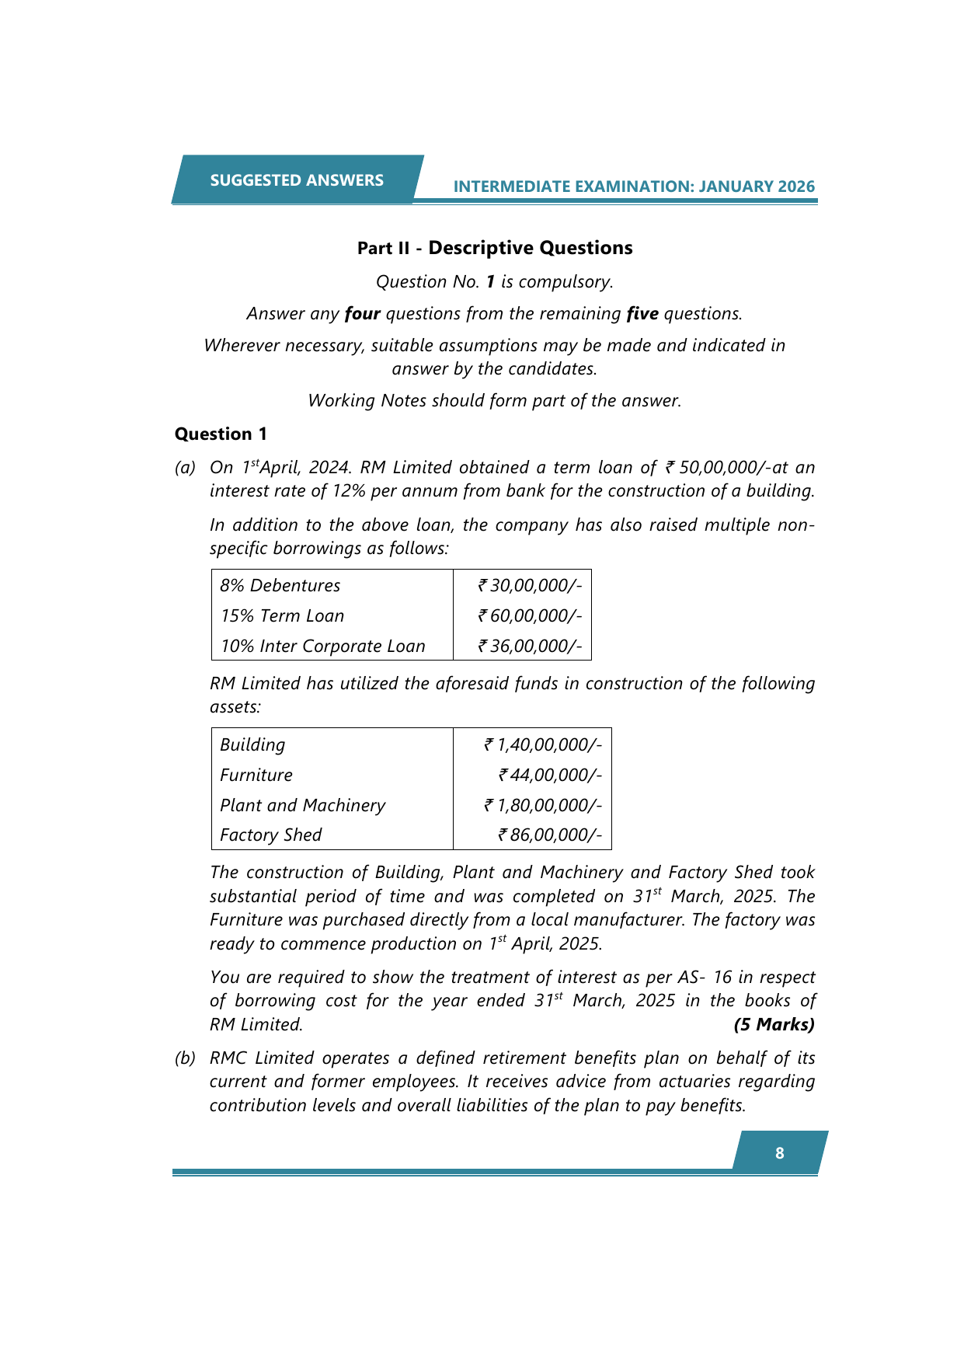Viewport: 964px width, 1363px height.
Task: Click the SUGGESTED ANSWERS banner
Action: pyautogui.click(x=297, y=180)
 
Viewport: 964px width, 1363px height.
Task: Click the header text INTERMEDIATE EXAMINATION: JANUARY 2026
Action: pyautogui.click(x=634, y=186)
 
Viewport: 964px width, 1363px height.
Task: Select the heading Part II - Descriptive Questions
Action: pyautogui.click(x=495, y=248)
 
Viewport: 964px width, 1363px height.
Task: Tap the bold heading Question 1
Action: pyautogui.click(x=221, y=434)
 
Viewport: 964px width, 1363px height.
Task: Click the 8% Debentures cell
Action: pyautogui.click(x=280, y=585)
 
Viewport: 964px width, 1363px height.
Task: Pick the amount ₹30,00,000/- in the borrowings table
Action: pyautogui.click(x=530, y=585)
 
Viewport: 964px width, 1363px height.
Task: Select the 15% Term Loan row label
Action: pyautogui.click(x=282, y=615)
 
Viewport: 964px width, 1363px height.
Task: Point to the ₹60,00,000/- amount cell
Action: pyautogui.click(x=530, y=615)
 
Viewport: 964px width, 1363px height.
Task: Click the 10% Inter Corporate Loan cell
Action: pyautogui.click(x=322, y=646)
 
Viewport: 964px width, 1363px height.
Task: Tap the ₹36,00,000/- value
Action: pyautogui.click(x=530, y=646)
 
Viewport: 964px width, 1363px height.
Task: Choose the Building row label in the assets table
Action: pyautogui.click(x=252, y=744)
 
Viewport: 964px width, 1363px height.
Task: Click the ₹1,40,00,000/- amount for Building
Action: pyautogui.click(x=543, y=744)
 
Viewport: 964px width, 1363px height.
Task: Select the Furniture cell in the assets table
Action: pyautogui.click(x=256, y=775)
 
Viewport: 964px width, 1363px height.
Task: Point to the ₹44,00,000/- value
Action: pyautogui.click(x=550, y=775)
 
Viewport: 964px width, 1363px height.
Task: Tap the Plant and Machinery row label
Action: pyautogui.click(x=302, y=805)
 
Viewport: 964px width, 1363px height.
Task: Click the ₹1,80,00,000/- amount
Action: pyautogui.click(x=543, y=805)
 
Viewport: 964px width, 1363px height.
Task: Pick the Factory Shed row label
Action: pyautogui.click(x=270, y=835)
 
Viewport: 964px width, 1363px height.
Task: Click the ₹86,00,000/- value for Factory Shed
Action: pyautogui.click(x=550, y=835)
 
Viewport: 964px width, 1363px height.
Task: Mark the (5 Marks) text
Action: pyautogui.click(x=774, y=1024)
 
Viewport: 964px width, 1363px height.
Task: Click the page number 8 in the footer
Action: pyautogui.click(x=780, y=1153)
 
